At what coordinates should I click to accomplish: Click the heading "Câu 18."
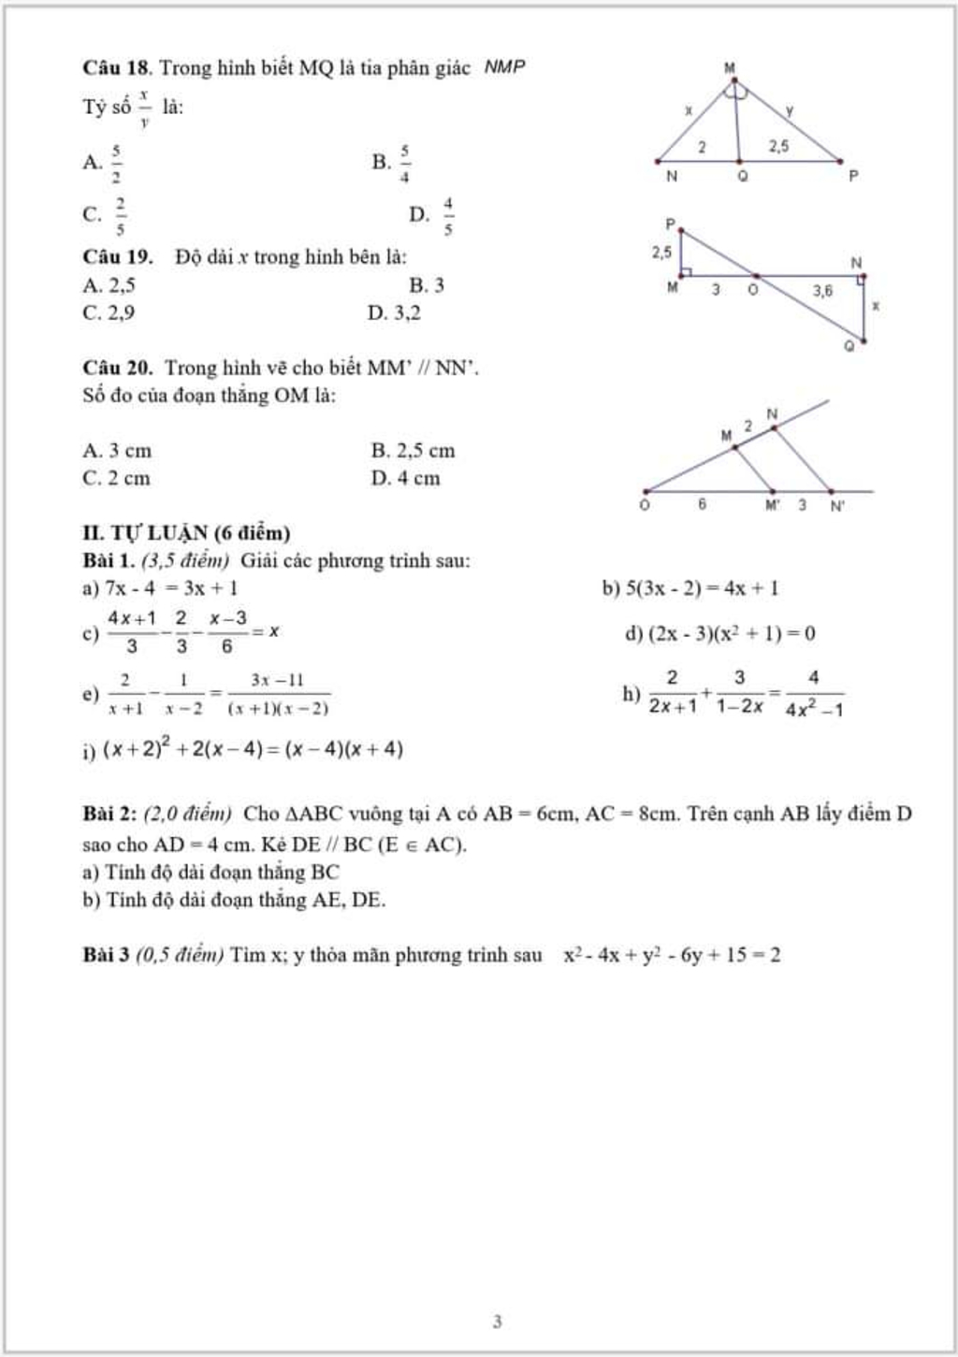[x=117, y=68]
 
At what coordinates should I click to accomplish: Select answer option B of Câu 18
[x=392, y=163]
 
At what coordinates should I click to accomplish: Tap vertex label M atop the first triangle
[x=730, y=68]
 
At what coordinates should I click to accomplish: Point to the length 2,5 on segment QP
[x=778, y=146]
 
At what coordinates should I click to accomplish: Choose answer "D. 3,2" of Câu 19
[x=394, y=313]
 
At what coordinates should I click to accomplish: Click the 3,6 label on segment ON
[x=822, y=291]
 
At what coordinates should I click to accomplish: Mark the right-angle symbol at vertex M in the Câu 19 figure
[x=686, y=272]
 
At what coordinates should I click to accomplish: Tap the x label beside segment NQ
[x=875, y=306]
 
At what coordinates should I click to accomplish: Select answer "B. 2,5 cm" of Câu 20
[x=413, y=451]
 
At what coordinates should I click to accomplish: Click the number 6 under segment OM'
[x=702, y=504]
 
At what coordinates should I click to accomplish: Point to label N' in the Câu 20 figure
[x=837, y=506]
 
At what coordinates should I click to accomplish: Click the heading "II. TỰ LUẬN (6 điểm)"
[x=186, y=533]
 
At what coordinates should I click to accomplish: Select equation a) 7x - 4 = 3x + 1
[x=160, y=588]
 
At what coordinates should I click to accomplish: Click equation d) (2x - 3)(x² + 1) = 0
[x=719, y=634]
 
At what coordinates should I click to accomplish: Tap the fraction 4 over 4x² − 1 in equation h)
[x=814, y=693]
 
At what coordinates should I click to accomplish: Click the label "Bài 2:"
[x=109, y=814]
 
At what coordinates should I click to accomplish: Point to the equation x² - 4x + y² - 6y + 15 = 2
[x=672, y=956]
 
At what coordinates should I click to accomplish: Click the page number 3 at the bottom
[x=497, y=1321]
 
